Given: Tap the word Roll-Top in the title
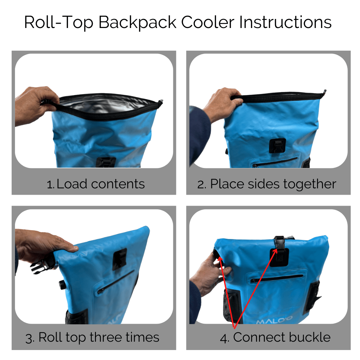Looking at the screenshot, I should [x=59, y=23].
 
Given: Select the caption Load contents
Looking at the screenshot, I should [x=100, y=184].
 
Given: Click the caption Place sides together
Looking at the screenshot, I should [x=273, y=184].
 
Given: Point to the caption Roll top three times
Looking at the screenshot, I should [x=99, y=337].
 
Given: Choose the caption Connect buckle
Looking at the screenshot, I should [x=282, y=337].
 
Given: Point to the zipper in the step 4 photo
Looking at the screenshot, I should [x=277, y=278].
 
